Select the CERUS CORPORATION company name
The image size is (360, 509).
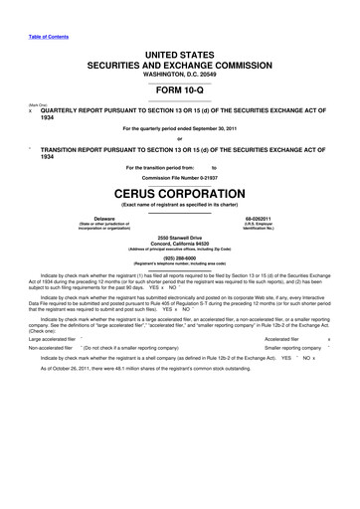(x=180, y=192)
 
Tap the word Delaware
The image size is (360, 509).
(x=103, y=216)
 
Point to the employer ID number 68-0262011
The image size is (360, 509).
(x=258, y=216)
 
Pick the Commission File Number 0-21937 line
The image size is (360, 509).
(x=180, y=177)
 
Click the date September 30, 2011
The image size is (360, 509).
(x=217, y=129)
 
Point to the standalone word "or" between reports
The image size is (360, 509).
(x=180, y=139)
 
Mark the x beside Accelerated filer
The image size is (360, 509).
(x=329, y=339)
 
